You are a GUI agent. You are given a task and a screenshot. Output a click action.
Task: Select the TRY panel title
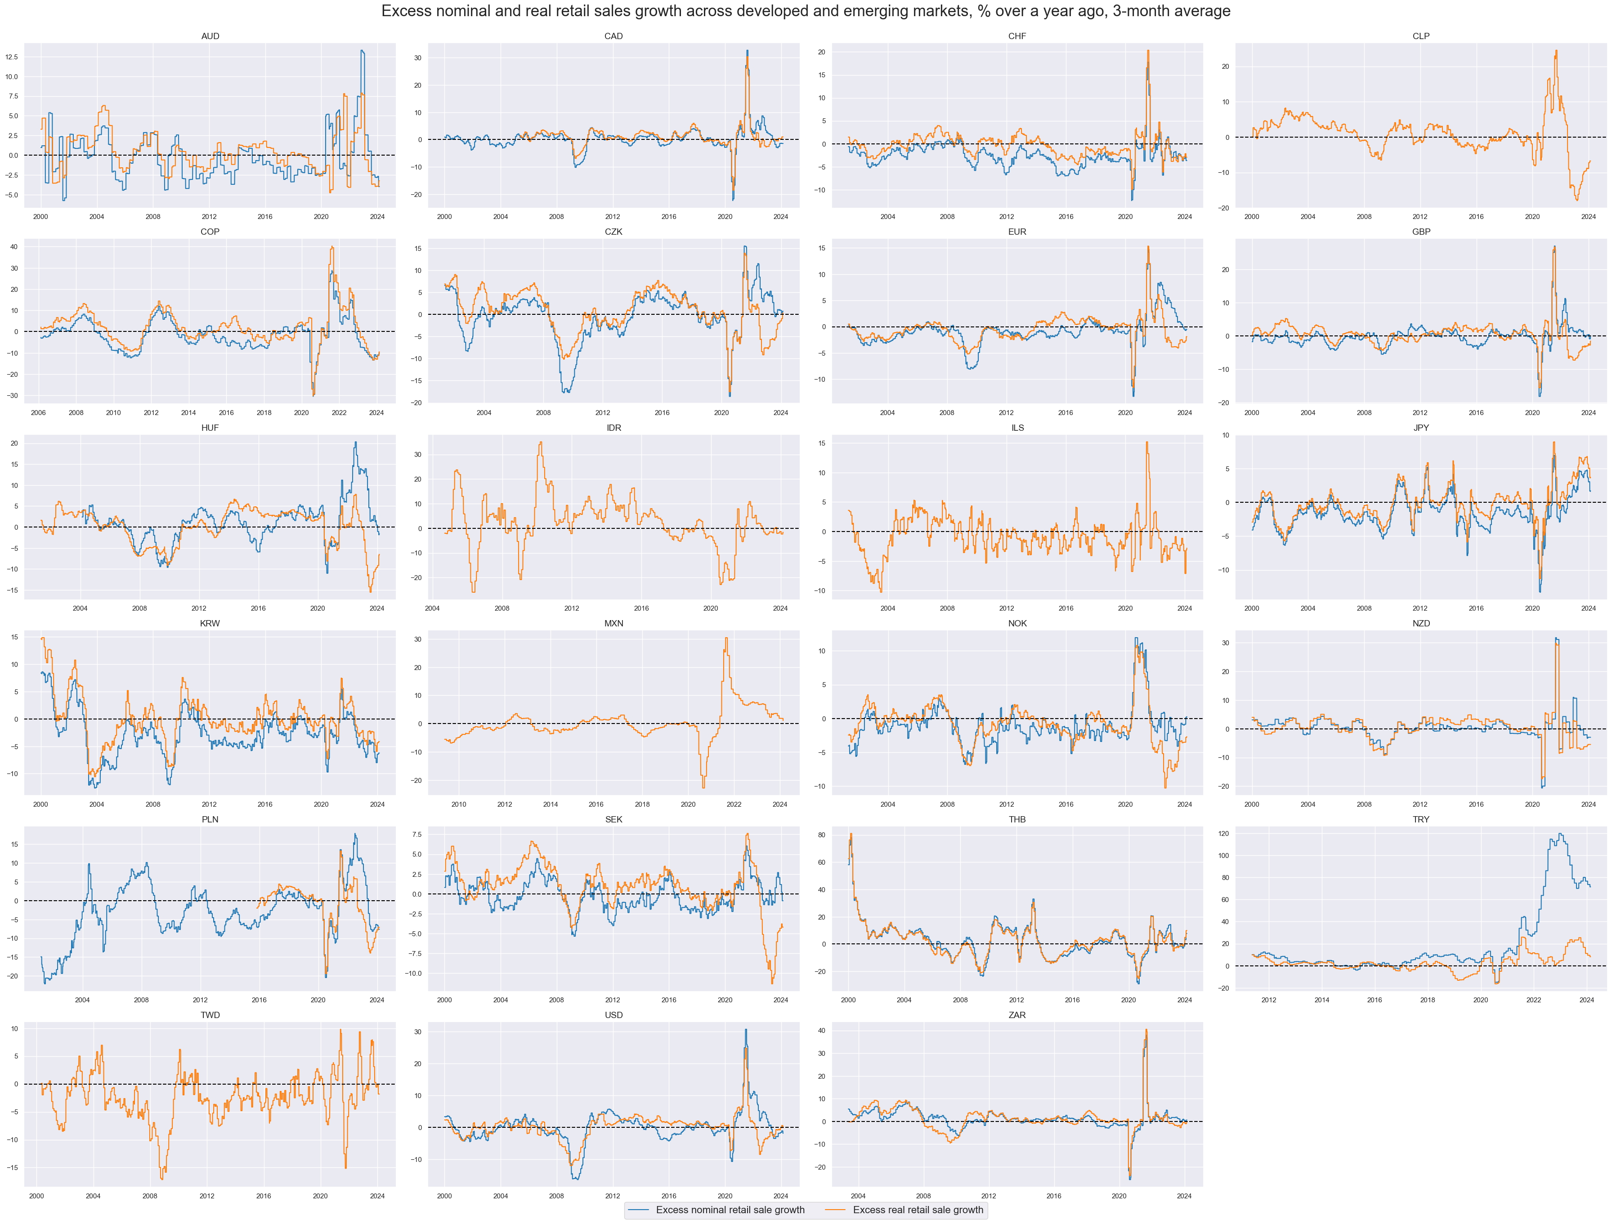coord(1420,820)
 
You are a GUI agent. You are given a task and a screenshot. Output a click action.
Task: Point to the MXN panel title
coord(613,624)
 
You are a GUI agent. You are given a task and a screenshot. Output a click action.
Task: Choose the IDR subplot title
coord(613,428)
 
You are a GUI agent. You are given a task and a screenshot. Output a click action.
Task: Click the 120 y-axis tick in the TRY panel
coord(1223,834)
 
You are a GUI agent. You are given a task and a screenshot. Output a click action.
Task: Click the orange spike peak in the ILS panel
coord(1146,442)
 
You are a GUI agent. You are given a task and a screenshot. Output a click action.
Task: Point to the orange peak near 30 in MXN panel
coord(726,638)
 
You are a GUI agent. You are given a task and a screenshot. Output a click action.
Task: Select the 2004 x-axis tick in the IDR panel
coord(432,608)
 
